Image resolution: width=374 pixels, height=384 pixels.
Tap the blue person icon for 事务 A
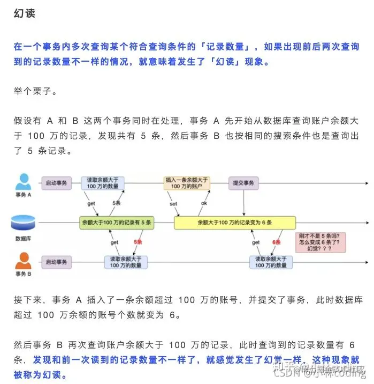click(23, 181)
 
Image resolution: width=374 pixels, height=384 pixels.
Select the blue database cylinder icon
click(23, 221)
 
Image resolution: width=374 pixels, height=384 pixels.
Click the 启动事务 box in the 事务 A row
click(56, 183)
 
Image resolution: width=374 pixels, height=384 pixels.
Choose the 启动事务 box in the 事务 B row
click(56, 262)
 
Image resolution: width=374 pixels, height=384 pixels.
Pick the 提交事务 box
click(243, 183)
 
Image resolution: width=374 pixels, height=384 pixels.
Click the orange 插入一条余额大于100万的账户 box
click(187, 183)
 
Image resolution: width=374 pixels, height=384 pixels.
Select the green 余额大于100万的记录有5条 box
click(117, 221)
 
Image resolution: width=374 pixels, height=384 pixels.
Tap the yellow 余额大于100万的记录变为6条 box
click(234, 221)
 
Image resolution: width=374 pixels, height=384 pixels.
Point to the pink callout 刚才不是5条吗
click(320, 242)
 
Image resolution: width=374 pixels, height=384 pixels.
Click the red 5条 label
click(139, 242)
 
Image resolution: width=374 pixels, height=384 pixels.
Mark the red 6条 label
click(277, 242)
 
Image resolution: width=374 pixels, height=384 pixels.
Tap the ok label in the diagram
click(204, 204)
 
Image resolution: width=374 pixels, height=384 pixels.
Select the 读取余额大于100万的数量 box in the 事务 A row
click(103, 183)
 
